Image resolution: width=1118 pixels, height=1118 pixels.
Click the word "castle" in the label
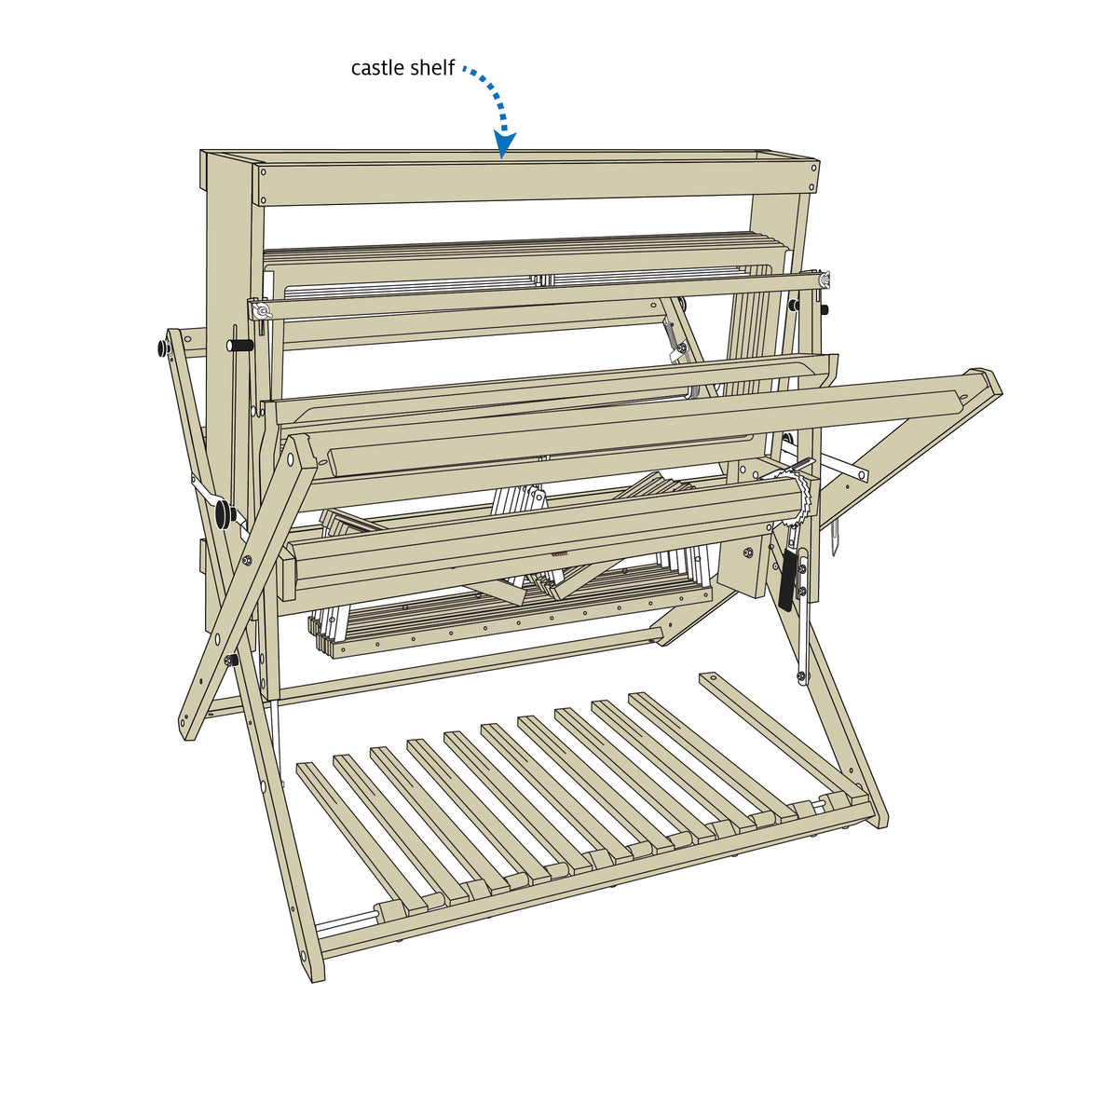pos(377,68)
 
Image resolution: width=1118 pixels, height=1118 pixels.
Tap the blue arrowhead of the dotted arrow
pos(505,144)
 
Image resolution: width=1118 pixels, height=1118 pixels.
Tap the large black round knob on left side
pos(224,513)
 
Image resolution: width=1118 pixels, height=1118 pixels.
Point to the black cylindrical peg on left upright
pos(239,345)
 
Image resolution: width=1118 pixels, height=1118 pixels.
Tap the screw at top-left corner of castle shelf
pos(264,171)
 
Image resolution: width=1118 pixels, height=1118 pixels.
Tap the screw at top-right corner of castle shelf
pos(813,168)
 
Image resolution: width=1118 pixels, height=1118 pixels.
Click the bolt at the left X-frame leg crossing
pos(248,560)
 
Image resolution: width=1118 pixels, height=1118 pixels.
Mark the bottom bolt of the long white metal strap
pos(799,675)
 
